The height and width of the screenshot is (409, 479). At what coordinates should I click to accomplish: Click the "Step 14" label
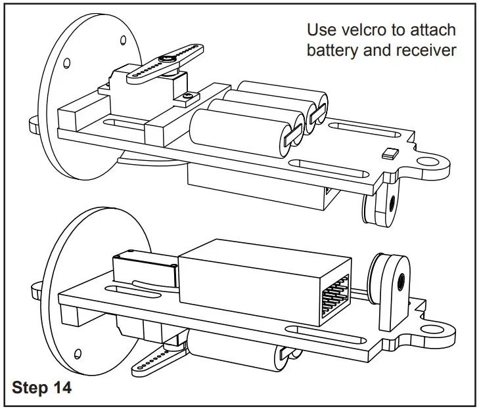click(41, 387)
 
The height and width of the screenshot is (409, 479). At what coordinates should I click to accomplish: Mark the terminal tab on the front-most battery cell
click(292, 135)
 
